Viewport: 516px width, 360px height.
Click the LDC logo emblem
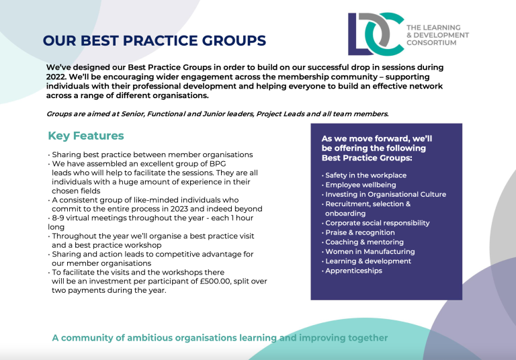pyautogui.click(x=376, y=34)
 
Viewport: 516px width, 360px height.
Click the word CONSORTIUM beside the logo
pyautogui.click(x=431, y=43)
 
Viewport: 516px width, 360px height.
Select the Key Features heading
pyautogui.click(x=86, y=136)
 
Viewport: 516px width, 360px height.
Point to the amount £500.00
pyautogui.click(x=215, y=281)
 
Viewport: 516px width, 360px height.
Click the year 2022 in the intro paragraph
pyautogui.click(x=56, y=77)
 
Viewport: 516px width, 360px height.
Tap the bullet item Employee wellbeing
pyautogui.click(x=361, y=185)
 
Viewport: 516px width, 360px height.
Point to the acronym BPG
pyautogui.click(x=218, y=164)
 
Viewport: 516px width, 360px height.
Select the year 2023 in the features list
pyautogui.click(x=179, y=209)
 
